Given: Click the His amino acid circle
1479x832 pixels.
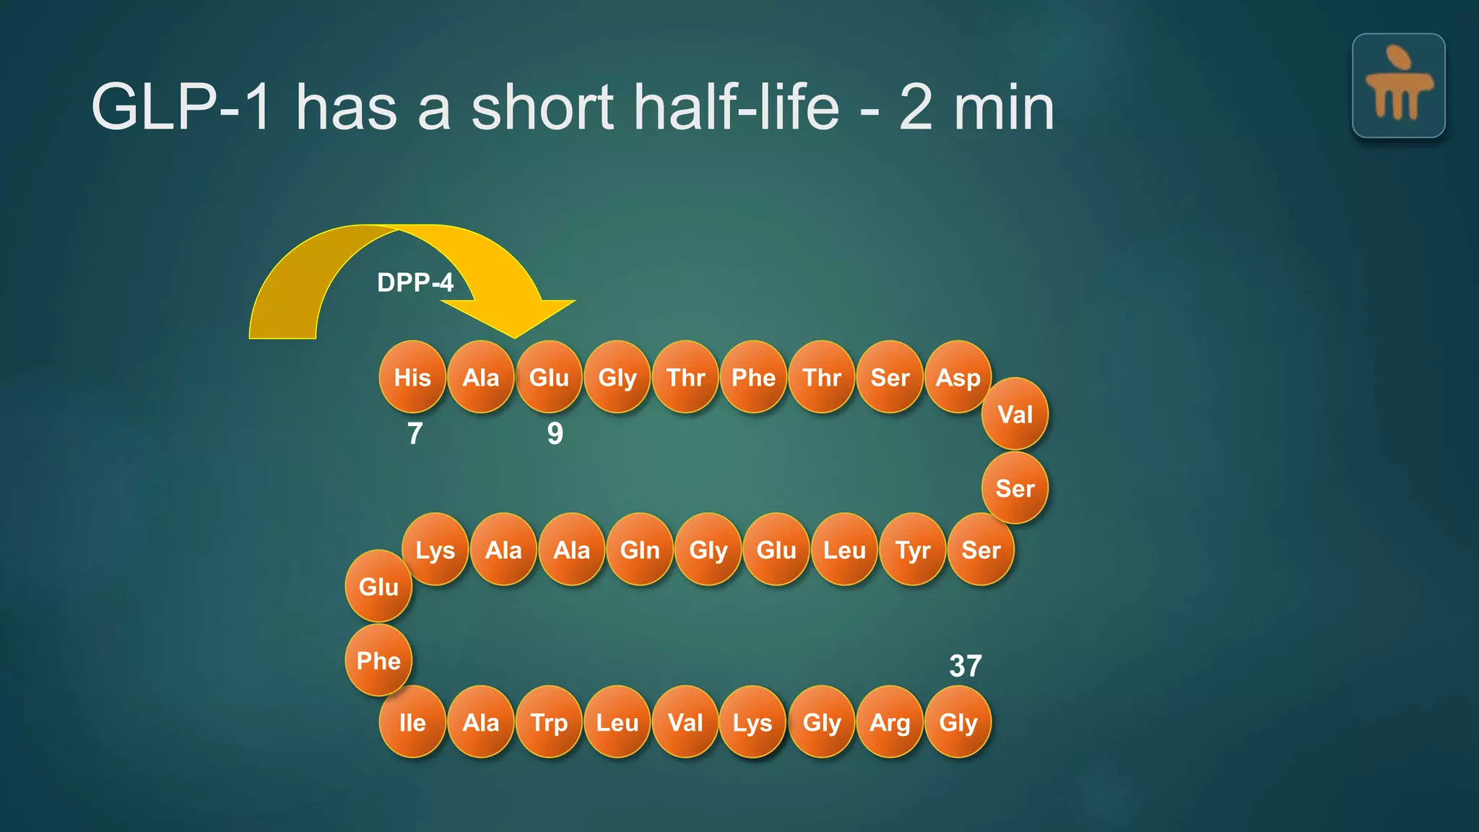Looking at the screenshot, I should click(x=412, y=377).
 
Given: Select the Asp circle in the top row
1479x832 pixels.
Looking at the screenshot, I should click(x=958, y=377).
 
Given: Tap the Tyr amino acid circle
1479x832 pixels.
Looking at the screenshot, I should click(x=913, y=550).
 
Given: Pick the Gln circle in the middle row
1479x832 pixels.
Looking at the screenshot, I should click(x=640, y=550).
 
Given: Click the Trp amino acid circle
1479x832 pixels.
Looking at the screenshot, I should click(x=549, y=722).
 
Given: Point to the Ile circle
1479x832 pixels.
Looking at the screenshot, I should click(x=412, y=722).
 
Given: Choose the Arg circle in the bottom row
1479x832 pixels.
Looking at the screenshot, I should click(x=890, y=722).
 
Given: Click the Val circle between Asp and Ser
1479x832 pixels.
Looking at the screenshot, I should click(x=1015, y=414).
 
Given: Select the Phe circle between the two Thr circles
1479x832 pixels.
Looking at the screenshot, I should click(x=753, y=377).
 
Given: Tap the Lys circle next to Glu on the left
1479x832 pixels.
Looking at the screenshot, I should click(x=435, y=550).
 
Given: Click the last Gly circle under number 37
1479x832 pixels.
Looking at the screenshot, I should click(x=958, y=722).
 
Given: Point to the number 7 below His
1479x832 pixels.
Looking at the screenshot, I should click(x=415, y=433).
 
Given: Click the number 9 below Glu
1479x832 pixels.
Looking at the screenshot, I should click(x=555, y=433).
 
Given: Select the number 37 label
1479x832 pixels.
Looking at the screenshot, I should click(x=965, y=666).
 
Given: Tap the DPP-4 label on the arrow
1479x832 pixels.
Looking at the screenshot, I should click(x=415, y=282).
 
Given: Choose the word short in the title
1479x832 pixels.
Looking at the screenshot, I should click(x=542, y=107).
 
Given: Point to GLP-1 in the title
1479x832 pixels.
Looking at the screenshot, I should click(x=181, y=107).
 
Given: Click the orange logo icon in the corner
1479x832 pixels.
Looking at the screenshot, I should click(x=1398, y=85).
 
